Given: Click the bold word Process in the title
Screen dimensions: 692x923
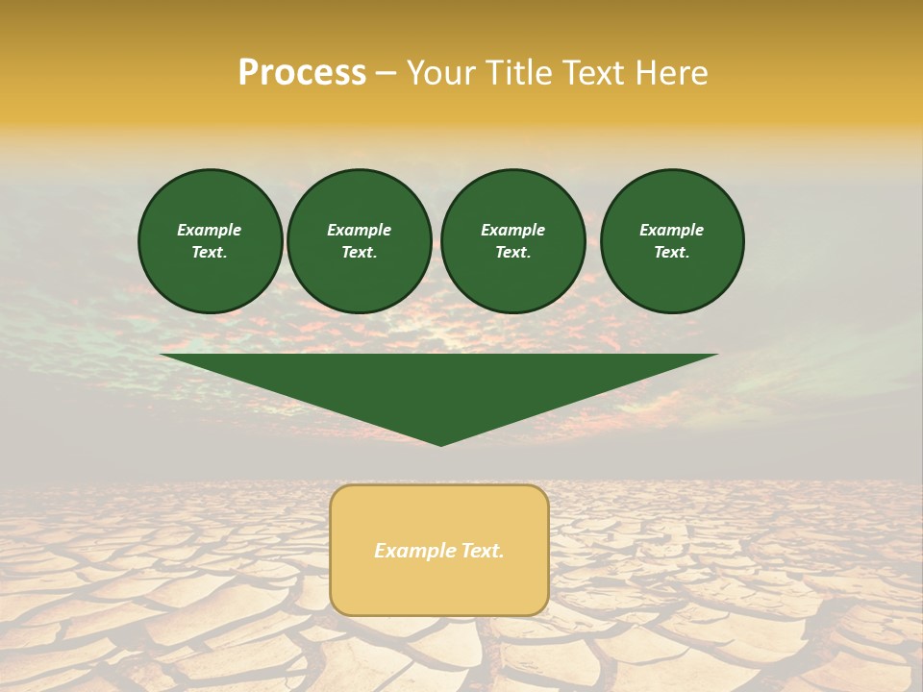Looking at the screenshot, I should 302,73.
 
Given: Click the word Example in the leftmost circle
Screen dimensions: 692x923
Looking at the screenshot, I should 210,230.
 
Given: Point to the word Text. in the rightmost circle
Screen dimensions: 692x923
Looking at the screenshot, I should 672,252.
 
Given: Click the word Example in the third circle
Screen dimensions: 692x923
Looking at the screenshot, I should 512,230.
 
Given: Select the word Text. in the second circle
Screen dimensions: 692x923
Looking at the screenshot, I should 359,252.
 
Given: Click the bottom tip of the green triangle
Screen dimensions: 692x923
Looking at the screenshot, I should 440,441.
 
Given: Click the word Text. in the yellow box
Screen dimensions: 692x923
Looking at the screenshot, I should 483,551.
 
